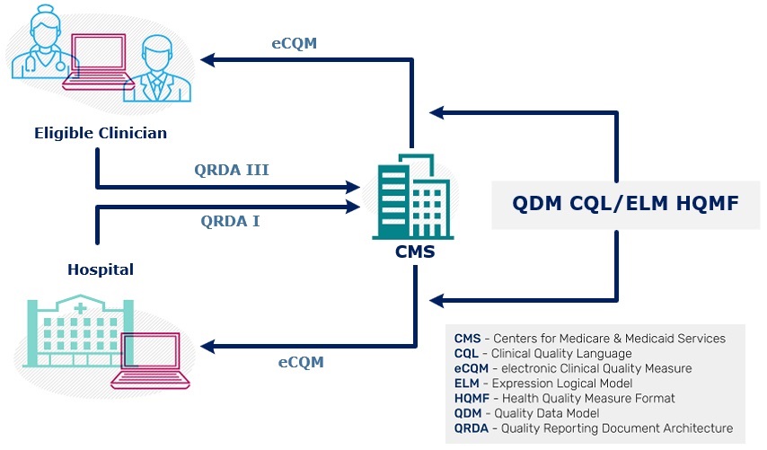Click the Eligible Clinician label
[x=101, y=133]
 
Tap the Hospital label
[x=101, y=269]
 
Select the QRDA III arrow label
[x=232, y=169]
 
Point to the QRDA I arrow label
[x=230, y=220]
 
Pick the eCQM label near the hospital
[x=300, y=362]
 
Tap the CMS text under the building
[x=415, y=251]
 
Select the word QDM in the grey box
[x=539, y=204]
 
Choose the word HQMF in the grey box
[x=709, y=204]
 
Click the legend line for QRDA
[x=593, y=428]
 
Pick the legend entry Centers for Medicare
[x=589, y=339]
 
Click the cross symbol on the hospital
[x=80, y=308]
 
